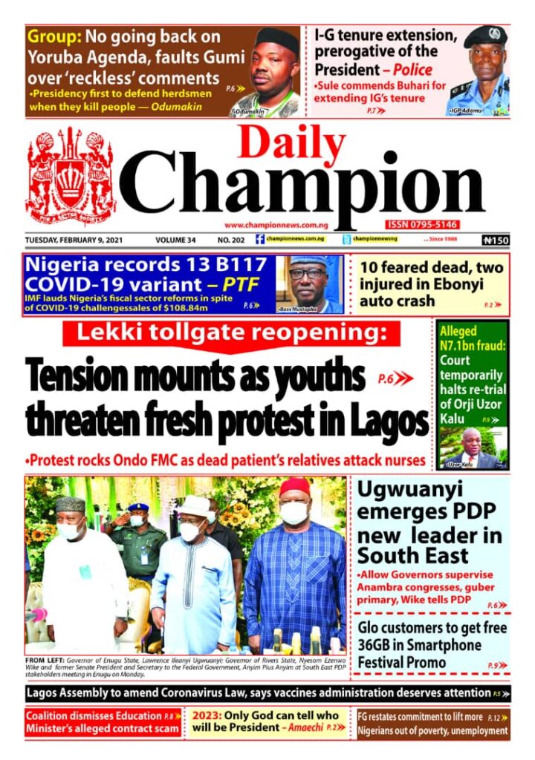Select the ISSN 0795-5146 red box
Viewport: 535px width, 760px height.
pos(421,225)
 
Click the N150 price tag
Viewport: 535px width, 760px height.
pos(494,240)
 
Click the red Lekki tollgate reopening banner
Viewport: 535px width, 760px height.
pos(231,335)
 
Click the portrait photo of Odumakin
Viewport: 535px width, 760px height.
pos(266,71)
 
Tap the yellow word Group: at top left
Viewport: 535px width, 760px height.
pos(53,36)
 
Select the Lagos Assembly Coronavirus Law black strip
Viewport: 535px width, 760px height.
pos(267,694)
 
